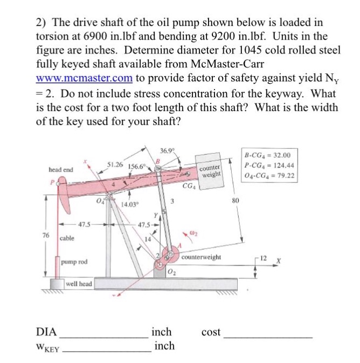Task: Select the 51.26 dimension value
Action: [115, 163]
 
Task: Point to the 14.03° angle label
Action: [129, 204]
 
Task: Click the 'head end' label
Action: [61, 169]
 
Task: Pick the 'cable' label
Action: [67, 237]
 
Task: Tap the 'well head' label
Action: [79, 284]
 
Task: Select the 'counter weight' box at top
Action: [211, 172]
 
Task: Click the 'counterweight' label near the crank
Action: [202, 257]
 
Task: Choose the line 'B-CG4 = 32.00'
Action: [269, 155]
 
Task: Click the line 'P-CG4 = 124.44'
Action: [269, 165]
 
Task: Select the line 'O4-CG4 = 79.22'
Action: [269, 175]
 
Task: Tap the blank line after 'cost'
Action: [268, 337]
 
